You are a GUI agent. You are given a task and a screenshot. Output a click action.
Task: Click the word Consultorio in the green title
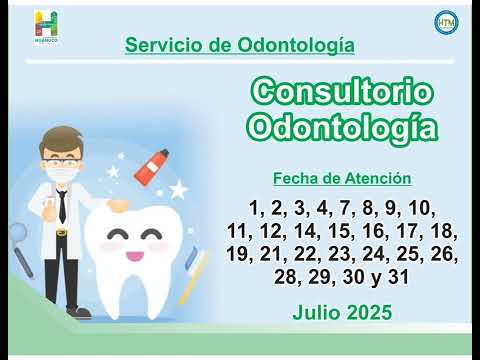pyautogui.click(x=341, y=93)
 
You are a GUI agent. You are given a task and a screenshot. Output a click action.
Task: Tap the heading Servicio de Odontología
pyautogui.click(x=239, y=45)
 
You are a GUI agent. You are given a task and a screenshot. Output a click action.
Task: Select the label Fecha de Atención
pyautogui.click(x=342, y=179)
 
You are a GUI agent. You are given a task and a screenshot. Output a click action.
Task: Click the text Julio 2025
pyautogui.click(x=342, y=312)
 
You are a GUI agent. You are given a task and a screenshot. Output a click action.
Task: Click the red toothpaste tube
pyautogui.click(x=155, y=166)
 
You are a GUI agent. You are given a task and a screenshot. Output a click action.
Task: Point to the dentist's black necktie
pyautogui.click(x=62, y=207)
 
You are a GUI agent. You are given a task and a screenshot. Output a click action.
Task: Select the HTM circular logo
pyautogui.click(x=445, y=22)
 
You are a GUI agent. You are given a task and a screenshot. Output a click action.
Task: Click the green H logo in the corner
pyautogui.click(x=47, y=25)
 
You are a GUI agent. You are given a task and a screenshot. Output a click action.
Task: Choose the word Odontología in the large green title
pyautogui.click(x=341, y=128)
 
